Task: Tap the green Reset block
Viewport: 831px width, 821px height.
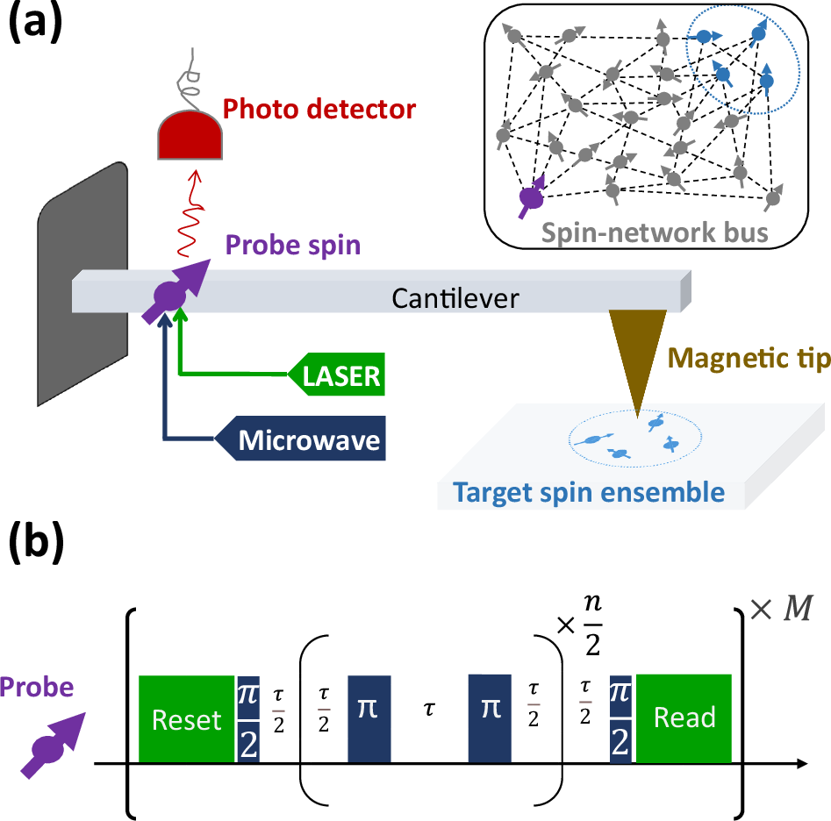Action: coord(187,718)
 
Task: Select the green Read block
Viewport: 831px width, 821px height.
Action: coord(684,717)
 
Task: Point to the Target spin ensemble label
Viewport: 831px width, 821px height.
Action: coord(589,492)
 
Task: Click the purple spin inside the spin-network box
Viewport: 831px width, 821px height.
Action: coord(531,198)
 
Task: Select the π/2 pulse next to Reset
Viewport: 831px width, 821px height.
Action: coord(248,718)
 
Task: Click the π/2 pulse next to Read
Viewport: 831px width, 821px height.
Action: coord(622,717)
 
